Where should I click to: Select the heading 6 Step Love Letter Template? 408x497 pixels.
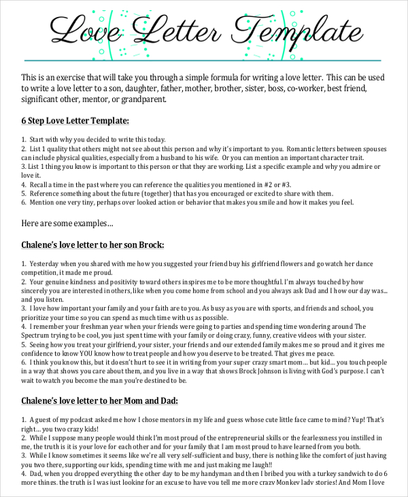[x=75, y=121]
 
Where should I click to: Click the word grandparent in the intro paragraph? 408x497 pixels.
[x=142, y=100]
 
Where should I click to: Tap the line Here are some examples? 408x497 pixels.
[x=67, y=223]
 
